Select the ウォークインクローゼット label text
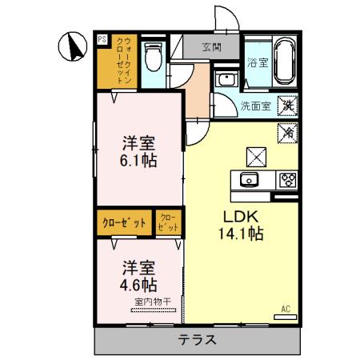point(125,60)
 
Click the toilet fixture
point(155,58)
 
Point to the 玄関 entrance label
point(211,46)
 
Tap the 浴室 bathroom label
point(258,62)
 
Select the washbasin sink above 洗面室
point(226,80)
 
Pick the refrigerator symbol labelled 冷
point(286,132)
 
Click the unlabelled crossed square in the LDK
point(254,154)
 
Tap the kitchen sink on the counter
point(248,179)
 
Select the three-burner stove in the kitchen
point(286,180)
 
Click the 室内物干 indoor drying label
point(150,302)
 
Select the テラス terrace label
point(196,340)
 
